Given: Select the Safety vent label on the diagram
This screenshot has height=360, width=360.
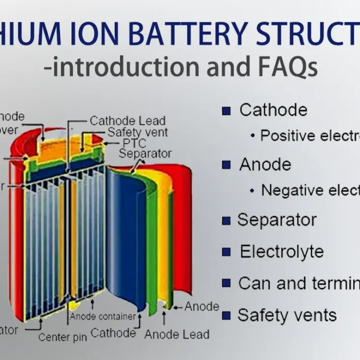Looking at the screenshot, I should (138, 132).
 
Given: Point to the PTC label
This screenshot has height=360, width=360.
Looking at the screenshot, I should (134, 143).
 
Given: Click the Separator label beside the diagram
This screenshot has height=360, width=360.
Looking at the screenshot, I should (145, 153).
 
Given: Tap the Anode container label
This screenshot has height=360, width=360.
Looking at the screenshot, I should (103, 317).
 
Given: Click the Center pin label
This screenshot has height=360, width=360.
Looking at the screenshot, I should (62, 337).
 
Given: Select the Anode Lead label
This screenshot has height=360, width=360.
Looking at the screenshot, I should (177, 334).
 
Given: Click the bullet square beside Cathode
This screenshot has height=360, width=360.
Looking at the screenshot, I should (226, 111).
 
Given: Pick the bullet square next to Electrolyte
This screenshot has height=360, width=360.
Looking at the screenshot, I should (226, 252).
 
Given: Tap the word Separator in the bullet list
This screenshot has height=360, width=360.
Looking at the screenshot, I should (277, 220).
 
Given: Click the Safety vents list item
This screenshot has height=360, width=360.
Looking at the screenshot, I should (287, 315).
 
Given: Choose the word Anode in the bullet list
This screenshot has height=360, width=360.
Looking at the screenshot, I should (265, 165).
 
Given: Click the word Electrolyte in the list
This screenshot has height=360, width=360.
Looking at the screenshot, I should (282, 251).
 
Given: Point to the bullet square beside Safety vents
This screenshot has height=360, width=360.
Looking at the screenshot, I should (226, 316).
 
